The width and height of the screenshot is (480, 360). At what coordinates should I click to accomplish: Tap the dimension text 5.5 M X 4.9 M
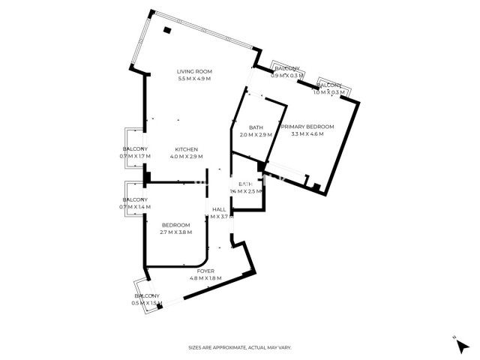pos(194,79)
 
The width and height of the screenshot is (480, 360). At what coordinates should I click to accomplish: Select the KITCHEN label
pos(186,148)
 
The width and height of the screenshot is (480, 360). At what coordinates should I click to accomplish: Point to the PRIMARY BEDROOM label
pos(307,127)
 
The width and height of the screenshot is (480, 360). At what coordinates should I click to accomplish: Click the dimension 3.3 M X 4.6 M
pos(307,134)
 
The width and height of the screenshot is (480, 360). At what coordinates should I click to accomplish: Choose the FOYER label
pos(205,271)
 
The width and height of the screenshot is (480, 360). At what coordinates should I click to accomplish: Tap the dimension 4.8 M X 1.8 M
pos(205,278)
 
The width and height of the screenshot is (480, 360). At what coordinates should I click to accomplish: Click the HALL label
pos(219,209)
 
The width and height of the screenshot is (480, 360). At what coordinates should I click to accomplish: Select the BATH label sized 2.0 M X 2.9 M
pos(256,127)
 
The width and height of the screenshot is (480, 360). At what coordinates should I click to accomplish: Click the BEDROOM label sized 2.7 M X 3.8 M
pos(175,225)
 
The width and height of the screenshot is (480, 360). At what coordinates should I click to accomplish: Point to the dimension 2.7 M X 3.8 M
pos(175,232)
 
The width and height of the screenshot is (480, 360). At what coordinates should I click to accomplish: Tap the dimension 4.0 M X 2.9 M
pos(186,156)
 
